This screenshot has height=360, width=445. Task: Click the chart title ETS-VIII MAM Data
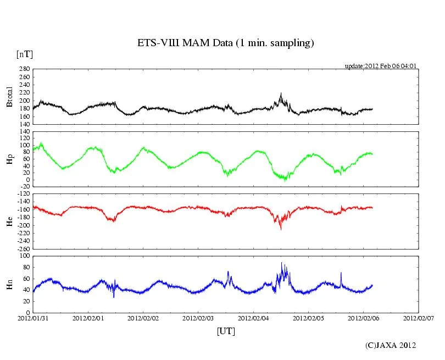225,43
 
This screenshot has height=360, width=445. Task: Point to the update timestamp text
381,65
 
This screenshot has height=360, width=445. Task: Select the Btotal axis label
9,97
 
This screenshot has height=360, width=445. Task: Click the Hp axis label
9,159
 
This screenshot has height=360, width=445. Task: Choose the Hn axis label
9,284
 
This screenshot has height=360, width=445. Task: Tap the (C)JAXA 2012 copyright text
391,345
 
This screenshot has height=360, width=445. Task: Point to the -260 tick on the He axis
23,248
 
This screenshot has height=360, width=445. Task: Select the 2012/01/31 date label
33,318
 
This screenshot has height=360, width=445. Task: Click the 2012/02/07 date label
419,318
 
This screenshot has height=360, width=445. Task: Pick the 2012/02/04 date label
253,318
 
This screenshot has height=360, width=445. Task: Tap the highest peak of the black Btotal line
281,93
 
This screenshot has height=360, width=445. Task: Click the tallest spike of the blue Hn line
282,263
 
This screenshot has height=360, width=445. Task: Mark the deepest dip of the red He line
281,229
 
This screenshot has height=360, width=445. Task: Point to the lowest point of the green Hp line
285,180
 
